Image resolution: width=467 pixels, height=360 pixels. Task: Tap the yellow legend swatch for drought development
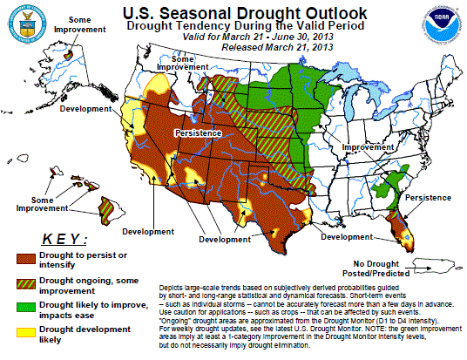pyautogui.click(x=31, y=333)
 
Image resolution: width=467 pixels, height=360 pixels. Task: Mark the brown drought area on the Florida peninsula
pyautogui.click(x=401, y=228)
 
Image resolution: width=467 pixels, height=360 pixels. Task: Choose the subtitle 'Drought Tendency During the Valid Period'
pyautogui.click(x=233, y=27)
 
